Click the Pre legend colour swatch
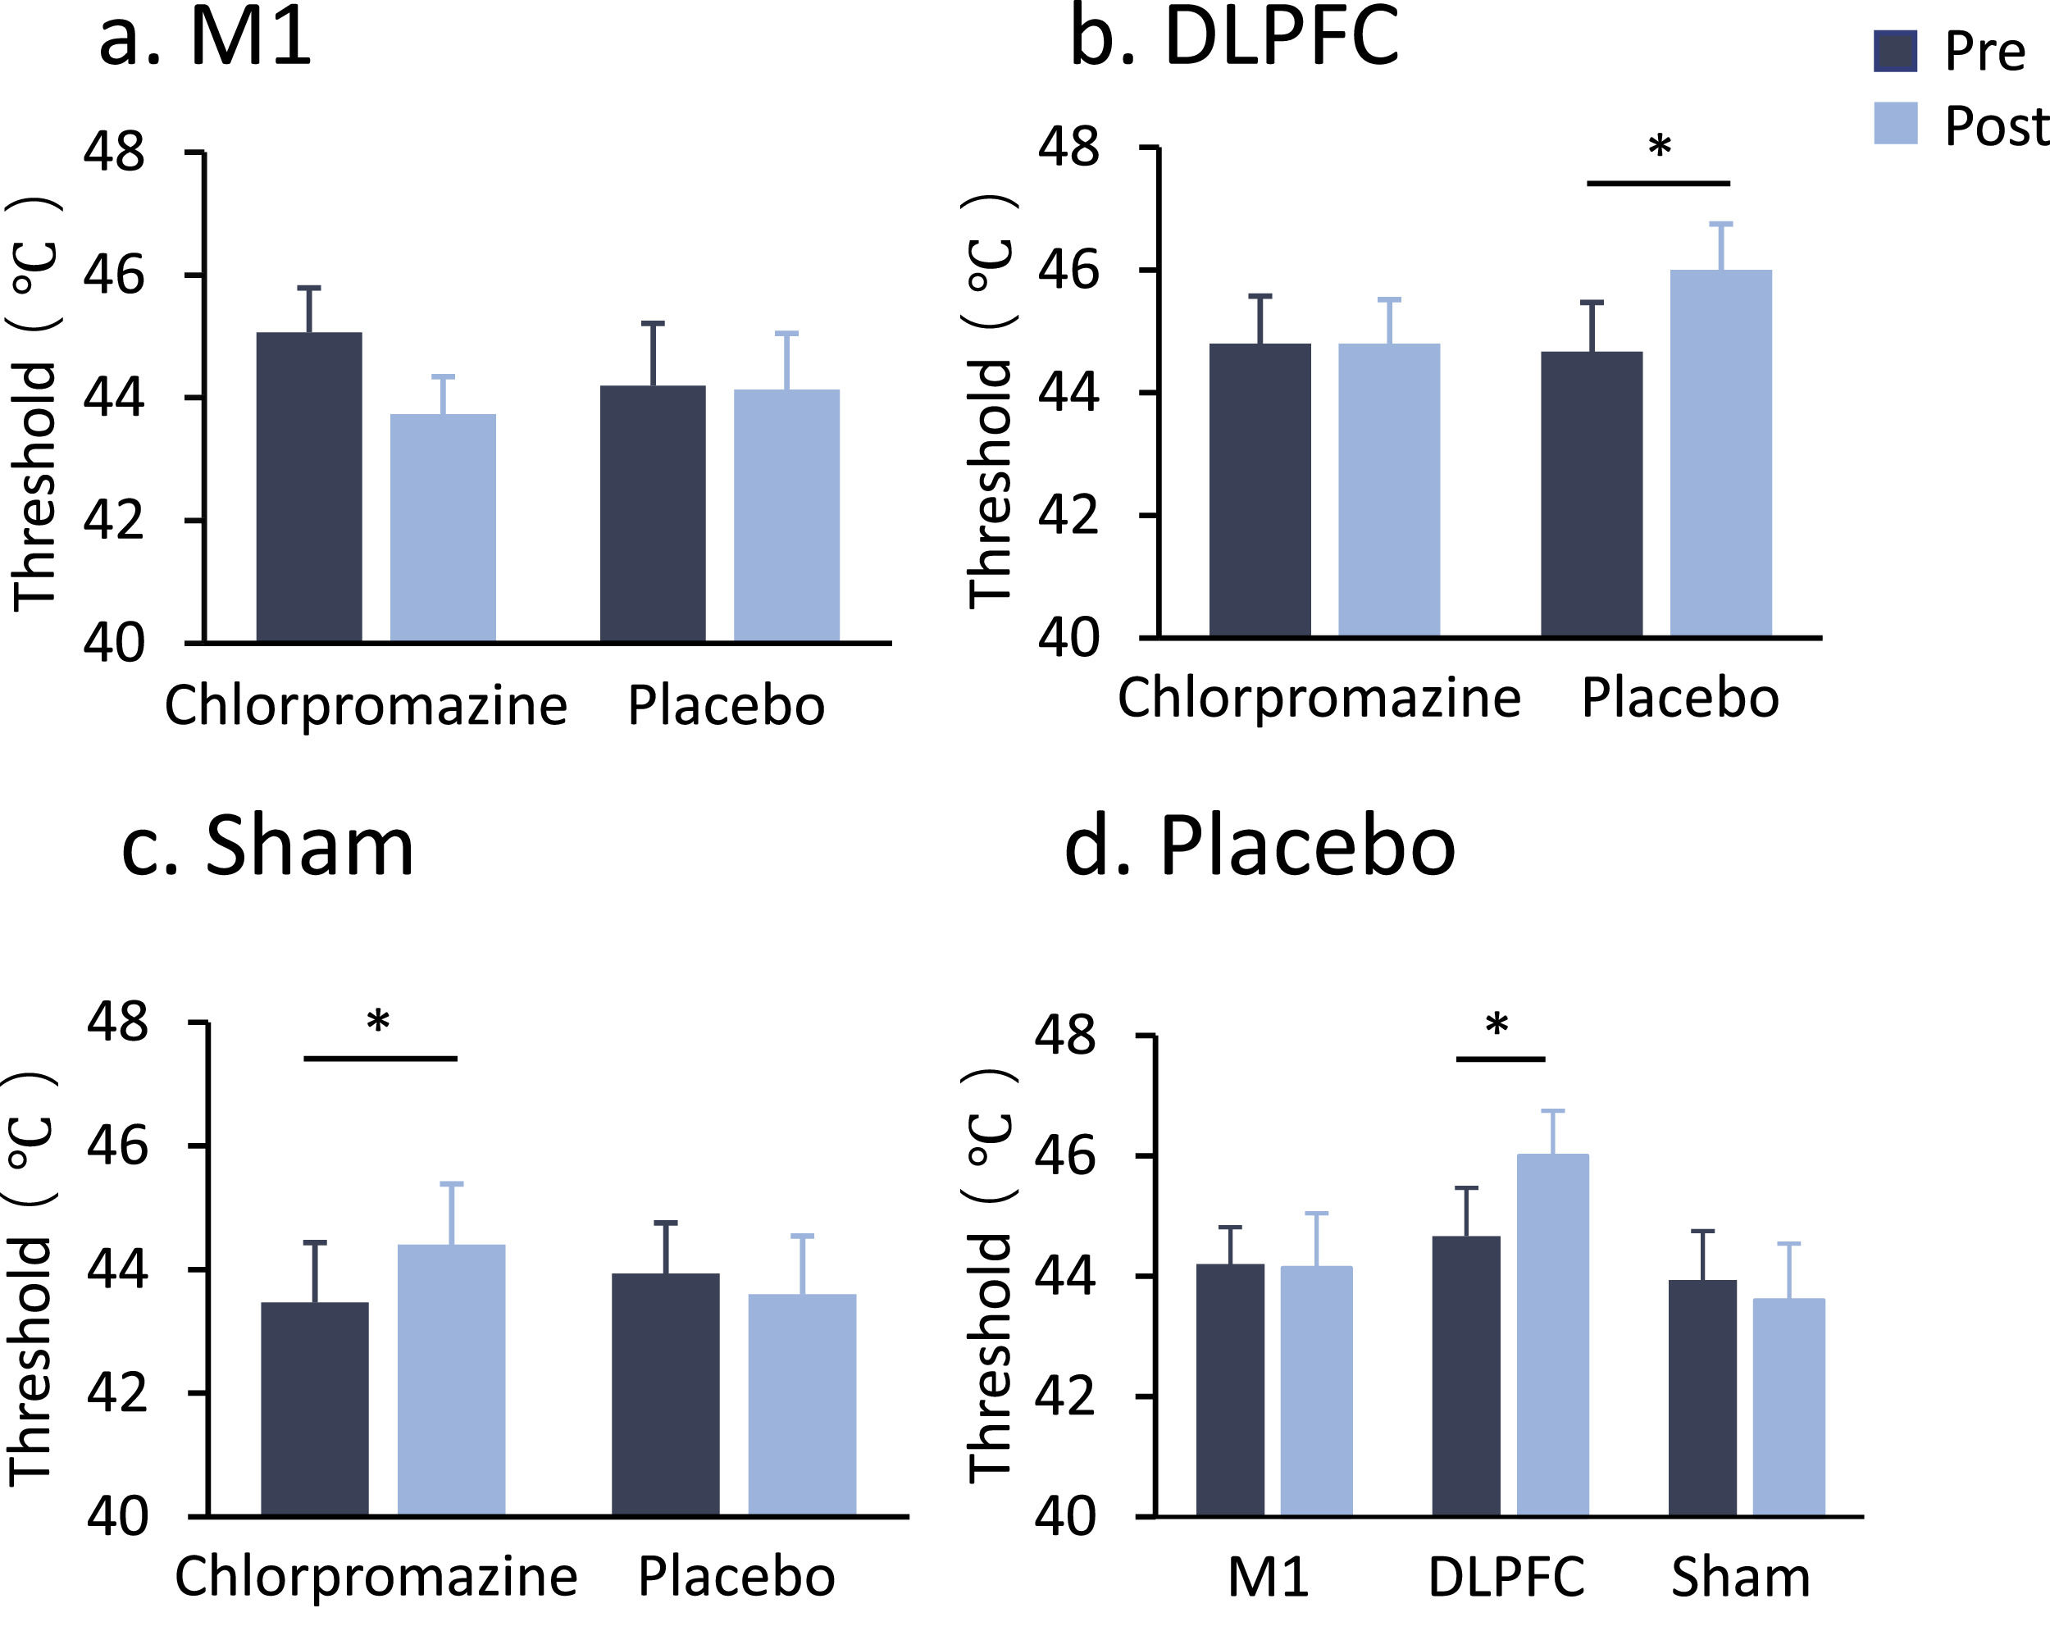pyautogui.click(x=1894, y=50)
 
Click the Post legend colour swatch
pyautogui.click(x=1894, y=124)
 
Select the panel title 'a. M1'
pyautogui.click(x=205, y=38)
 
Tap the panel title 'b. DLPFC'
pyautogui.click(x=1234, y=38)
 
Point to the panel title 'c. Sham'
pyautogui.click(x=268, y=846)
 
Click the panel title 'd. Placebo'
pyautogui.click(x=1260, y=846)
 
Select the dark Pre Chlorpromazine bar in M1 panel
pyautogui.click(x=309, y=487)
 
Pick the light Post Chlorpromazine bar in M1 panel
pyautogui.click(x=443, y=528)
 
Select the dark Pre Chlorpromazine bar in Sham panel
pyautogui.click(x=315, y=1407)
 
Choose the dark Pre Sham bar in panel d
pyautogui.click(x=1702, y=1397)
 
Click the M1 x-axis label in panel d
pyautogui.click(x=1268, y=1577)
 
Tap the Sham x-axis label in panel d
pyautogui.click(x=1740, y=1577)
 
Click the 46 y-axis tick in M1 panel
pyautogui.click(x=114, y=276)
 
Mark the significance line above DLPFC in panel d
pyautogui.click(x=1501, y=1059)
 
